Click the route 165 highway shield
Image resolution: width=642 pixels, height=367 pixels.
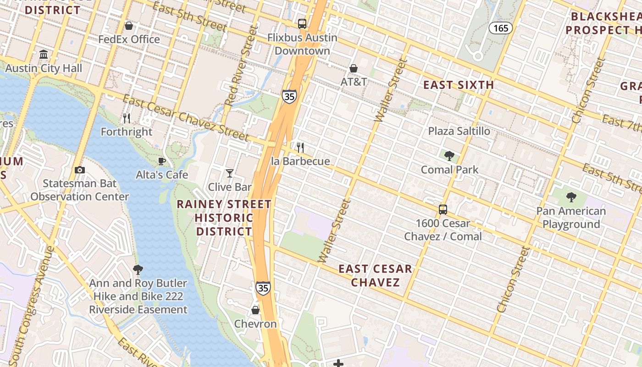point(500,28)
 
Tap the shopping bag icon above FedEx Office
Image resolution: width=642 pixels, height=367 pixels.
point(129,26)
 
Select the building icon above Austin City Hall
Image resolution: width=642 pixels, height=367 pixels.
point(44,55)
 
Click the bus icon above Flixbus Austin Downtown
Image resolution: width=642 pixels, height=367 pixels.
point(302,24)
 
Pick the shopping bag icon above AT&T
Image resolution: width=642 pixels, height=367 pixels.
point(354,68)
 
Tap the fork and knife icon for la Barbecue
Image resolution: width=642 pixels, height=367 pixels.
point(300,147)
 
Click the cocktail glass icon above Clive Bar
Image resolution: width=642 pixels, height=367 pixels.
point(230,173)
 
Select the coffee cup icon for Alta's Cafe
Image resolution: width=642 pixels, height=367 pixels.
point(161,161)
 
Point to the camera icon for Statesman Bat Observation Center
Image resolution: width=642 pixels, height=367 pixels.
point(79,170)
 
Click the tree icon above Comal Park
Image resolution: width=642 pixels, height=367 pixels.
point(449,156)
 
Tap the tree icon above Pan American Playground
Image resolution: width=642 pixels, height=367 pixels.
point(571,197)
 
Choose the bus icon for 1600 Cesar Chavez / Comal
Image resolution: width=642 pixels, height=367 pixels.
point(443,210)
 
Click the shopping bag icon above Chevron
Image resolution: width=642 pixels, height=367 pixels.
point(255,310)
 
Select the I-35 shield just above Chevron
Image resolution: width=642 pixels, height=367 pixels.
point(263,288)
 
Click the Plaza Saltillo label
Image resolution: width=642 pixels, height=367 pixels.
point(459,131)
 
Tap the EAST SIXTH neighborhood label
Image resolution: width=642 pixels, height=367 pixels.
point(458,85)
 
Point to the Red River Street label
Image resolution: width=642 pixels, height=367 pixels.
point(239,65)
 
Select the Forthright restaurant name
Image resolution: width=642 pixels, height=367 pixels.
point(127,132)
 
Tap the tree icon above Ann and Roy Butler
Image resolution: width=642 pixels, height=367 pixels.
point(138,269)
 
